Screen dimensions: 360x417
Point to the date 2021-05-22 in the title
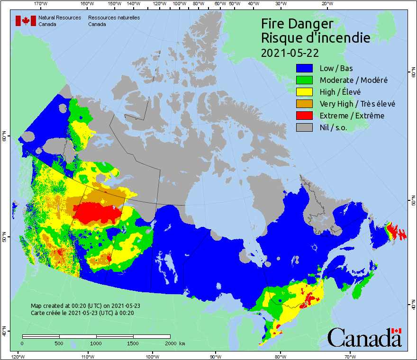[x=290, y=52]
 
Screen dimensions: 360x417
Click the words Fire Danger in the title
[x=297, y=24]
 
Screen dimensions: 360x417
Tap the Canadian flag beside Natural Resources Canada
[x=26, y=21]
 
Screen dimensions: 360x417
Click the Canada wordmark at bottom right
[x=364, y=337]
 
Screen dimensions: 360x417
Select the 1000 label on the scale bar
[x=96, y=343]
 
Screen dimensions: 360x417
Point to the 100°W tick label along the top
[x=179, y=4]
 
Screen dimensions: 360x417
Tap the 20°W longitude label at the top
[x=326, y=4]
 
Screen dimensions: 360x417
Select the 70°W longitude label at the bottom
[x=350, y=356]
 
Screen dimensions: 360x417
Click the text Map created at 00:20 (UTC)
[x=85, y=306]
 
